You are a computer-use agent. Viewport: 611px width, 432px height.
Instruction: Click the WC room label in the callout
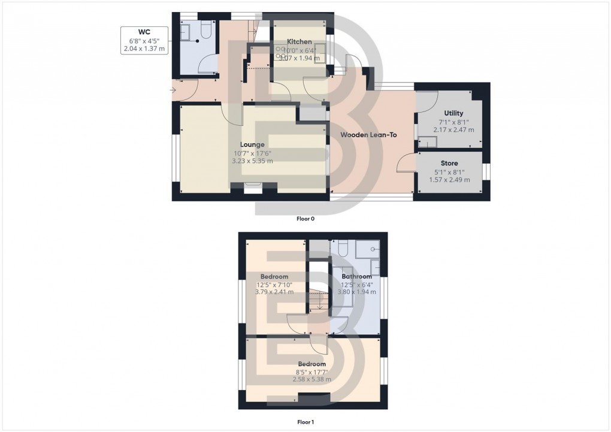point(144,32)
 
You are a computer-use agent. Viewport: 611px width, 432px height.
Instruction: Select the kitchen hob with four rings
point(281,50)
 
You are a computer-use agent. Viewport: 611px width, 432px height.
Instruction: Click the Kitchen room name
point(299,41)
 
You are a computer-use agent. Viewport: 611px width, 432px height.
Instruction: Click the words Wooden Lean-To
point(368,135)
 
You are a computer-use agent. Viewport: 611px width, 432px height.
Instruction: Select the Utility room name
point(453,113)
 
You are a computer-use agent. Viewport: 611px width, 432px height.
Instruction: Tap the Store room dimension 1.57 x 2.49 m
point(449,180)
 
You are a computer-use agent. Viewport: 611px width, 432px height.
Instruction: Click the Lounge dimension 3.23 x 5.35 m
point(252,161)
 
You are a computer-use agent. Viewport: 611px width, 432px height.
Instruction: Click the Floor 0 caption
point(305,219)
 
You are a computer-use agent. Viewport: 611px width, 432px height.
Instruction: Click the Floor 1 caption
point(305,422)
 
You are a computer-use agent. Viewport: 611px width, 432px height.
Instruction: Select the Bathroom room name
point(357,276)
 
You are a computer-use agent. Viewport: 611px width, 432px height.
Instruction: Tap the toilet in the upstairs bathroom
point(343,247)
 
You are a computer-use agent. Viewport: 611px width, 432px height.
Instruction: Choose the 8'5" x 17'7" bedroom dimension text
point(311,371)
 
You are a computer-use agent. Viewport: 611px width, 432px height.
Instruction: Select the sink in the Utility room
point(428,141)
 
